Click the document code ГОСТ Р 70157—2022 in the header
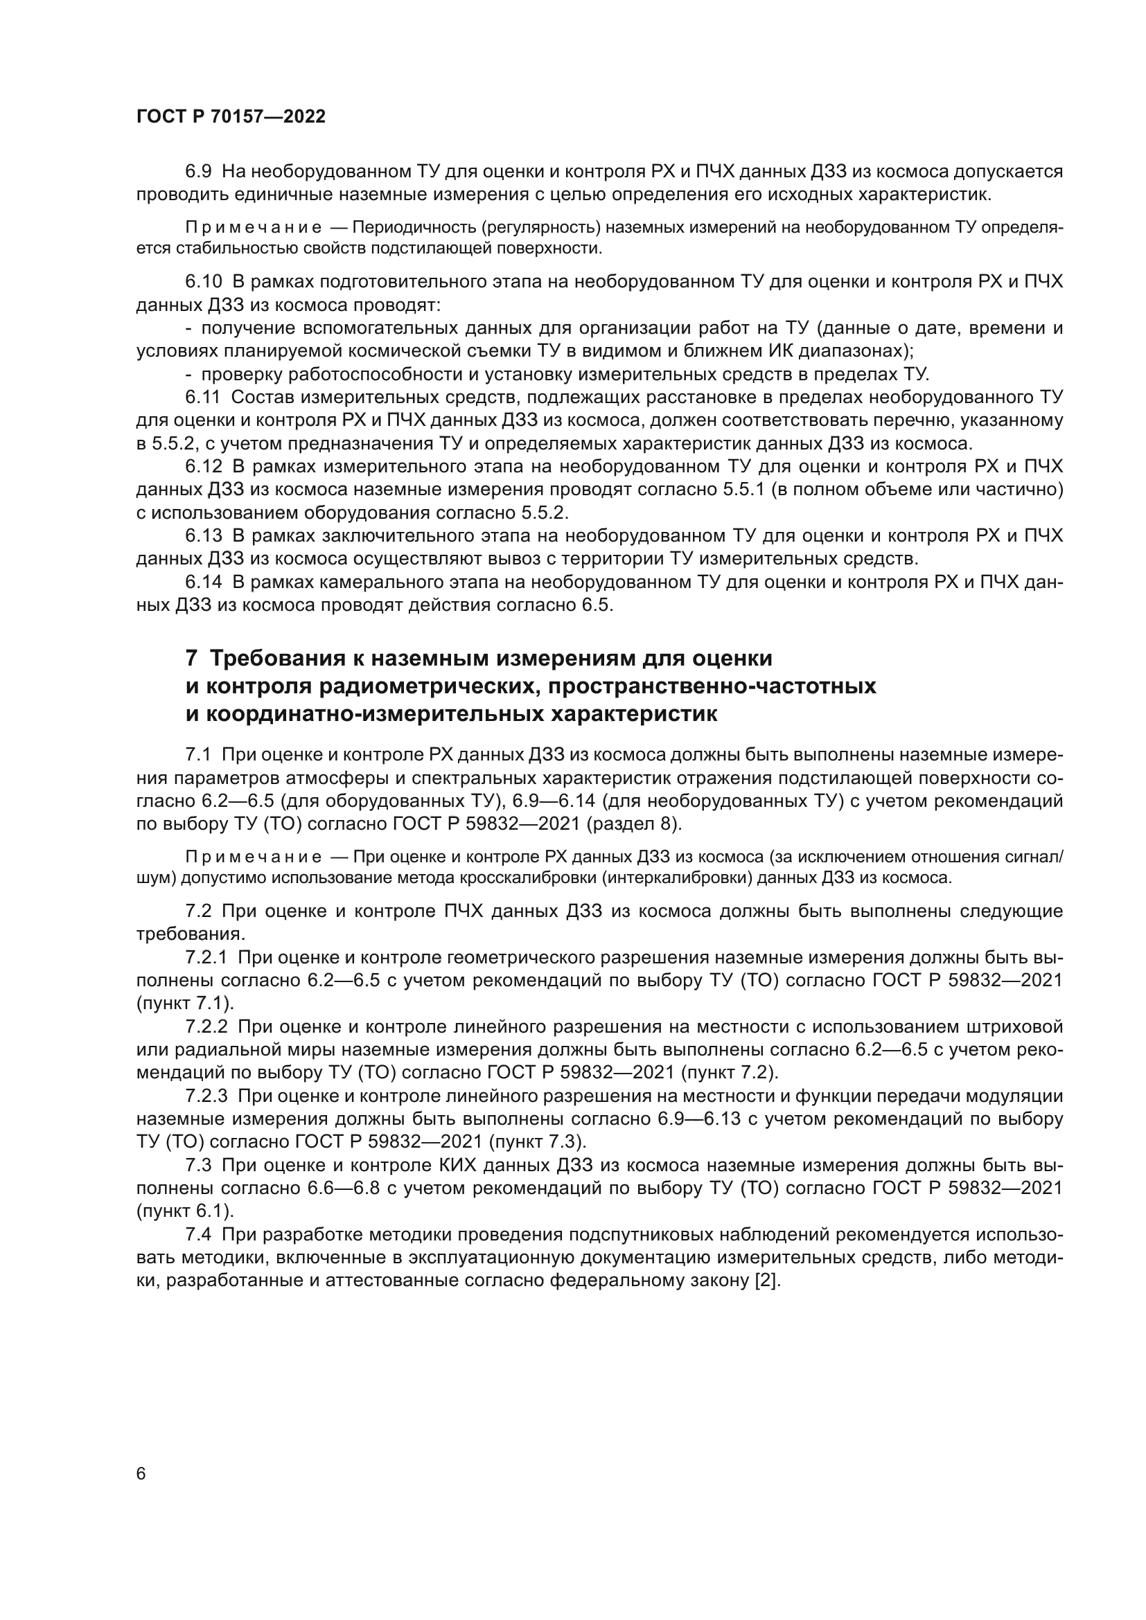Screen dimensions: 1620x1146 [231, 117]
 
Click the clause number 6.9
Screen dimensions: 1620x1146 [198, 172]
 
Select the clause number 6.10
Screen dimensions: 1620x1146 [203, 281]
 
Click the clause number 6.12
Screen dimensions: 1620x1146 [203, 466]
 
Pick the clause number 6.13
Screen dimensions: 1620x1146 [203, 535]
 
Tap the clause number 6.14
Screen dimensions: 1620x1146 [203, 582]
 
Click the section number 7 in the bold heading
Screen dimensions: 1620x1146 [191, 658]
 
